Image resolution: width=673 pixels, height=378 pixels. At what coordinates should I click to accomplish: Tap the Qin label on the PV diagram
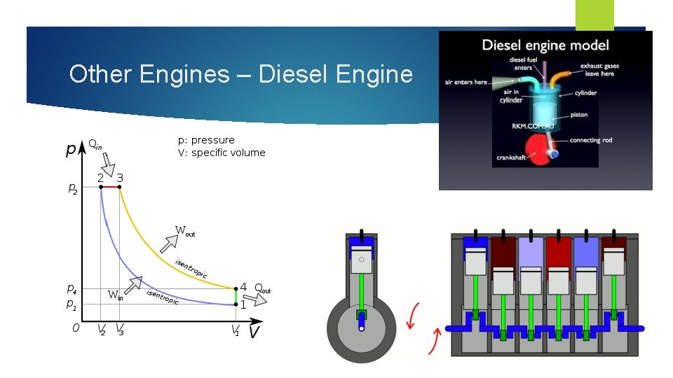coord(95,145)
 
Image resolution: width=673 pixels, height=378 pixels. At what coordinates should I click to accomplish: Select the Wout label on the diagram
coord(185,230)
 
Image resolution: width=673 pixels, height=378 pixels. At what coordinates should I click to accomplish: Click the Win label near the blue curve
coord(116,295)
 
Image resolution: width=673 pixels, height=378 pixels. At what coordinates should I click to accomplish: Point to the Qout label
coord(262,288)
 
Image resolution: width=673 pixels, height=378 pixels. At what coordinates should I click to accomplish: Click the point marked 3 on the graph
coord(120,187)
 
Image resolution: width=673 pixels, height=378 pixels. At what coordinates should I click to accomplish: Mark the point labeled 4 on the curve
coord(236,288)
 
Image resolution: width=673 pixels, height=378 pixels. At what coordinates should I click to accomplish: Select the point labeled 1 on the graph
coord(236,304)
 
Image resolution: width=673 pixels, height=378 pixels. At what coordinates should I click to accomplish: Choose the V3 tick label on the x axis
coord(120,330)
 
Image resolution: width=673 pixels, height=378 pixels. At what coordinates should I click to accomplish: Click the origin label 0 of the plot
coord(76,327)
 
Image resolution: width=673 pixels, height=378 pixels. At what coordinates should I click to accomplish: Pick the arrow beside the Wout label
coord(169,244)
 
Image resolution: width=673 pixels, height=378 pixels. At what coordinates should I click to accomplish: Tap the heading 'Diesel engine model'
coord(545,46)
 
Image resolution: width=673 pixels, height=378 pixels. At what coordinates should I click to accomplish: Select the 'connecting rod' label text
coord(590,140)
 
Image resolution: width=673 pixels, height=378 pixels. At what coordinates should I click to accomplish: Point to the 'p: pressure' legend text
coord(206,140)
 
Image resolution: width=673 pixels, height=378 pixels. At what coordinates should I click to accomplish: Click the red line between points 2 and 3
coord(110,187)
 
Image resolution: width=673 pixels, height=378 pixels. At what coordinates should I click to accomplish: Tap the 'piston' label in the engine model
coord(578,114)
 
